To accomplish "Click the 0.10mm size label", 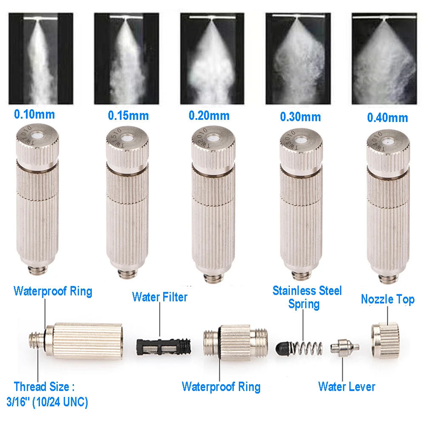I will [34, 114].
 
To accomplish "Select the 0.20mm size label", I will [209, 116].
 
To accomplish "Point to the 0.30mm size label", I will [300, 116].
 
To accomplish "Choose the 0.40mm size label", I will [387, 117].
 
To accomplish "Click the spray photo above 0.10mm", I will [41, 59].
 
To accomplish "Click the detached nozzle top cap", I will [385, 340].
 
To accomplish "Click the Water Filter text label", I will [160, 297].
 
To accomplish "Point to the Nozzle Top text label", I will [387, 299].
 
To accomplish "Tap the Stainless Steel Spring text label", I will [307, 297].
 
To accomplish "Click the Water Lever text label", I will [346, 386].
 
